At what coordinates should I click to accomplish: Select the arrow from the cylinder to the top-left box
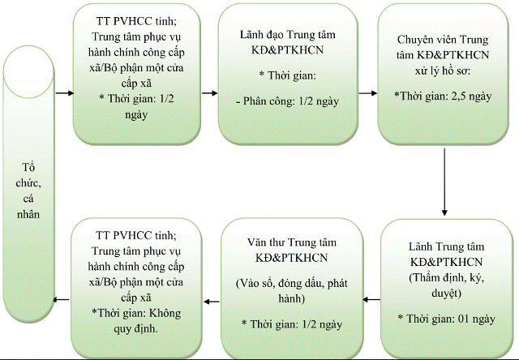(63, 92)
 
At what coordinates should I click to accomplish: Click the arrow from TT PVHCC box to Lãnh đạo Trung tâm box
(208, 92)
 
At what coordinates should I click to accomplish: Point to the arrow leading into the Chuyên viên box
(368, 92)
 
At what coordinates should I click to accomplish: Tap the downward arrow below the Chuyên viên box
(446, 182)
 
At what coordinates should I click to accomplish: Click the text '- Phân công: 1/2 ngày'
(288, 103)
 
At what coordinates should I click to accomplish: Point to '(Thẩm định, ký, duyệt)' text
(446, 284)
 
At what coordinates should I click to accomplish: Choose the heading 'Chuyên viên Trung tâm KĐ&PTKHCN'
(445, 46)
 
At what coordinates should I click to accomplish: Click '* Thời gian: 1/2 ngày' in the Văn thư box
(290, 324)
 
